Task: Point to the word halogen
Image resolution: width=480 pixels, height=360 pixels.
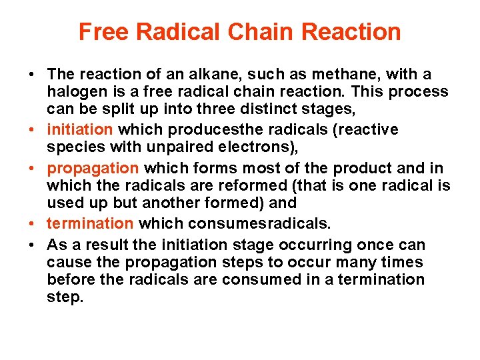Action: tap(75, 91)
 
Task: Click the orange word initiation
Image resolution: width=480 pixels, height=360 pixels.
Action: tap(81, 129)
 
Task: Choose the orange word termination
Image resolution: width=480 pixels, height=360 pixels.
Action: tap(91, 223)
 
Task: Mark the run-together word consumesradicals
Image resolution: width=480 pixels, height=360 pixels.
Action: tap(261, 223)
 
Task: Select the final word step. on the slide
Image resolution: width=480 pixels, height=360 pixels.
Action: tap(65, 297)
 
